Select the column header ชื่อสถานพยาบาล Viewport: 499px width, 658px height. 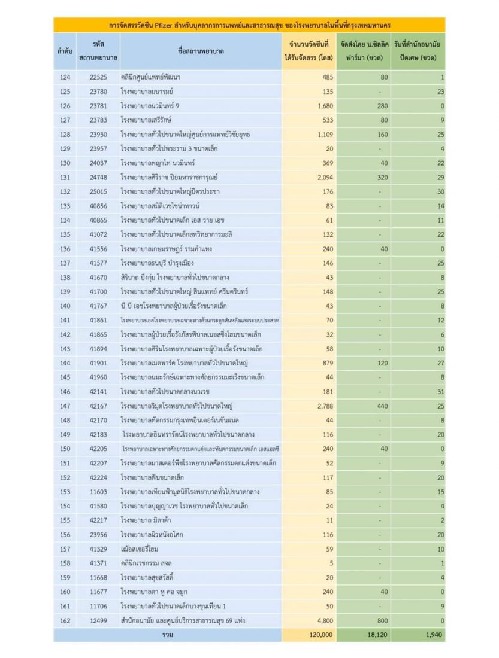[201, 51]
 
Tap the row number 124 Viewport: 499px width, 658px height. [65, 77]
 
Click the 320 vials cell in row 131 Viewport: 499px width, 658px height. [380, 178]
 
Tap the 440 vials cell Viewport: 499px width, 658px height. [380, 406]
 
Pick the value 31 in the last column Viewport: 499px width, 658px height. [440, 392]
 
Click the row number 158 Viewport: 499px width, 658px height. [65, 563]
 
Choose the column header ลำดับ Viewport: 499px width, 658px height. [65, 51]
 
